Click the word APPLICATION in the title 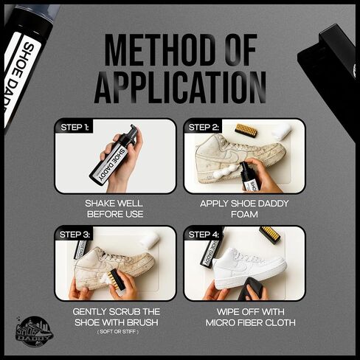coord(180,87)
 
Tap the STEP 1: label coord(75,128)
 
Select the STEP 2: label coord(204,128)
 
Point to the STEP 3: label coord(75,235)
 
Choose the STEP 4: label coord(204,235)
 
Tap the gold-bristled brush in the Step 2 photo coord(246,131)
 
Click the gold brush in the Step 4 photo coord(270,235)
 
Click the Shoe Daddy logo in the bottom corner coord(34,331)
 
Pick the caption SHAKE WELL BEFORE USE coord(115,209)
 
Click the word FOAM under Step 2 coord(244,214)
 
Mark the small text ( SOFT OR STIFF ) coord(118,332)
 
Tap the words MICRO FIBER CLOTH coord(251,322)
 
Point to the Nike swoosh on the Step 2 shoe coord(230,155)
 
